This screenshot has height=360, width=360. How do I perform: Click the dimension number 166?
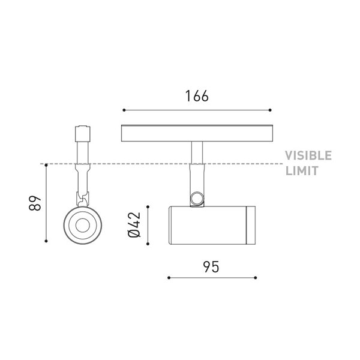click(197, 96)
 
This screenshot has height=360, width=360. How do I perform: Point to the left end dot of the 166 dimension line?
click(123, 110)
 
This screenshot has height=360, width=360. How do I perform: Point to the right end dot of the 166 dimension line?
click(271, 110)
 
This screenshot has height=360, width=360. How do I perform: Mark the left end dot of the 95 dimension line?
click(169, 278)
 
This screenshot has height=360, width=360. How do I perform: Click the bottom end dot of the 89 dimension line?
click(46, 242)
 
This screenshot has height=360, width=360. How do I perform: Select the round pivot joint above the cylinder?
click(196, 199)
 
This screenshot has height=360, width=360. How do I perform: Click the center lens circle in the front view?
click(81, 226)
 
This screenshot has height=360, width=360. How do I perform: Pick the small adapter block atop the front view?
click(81, 133)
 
